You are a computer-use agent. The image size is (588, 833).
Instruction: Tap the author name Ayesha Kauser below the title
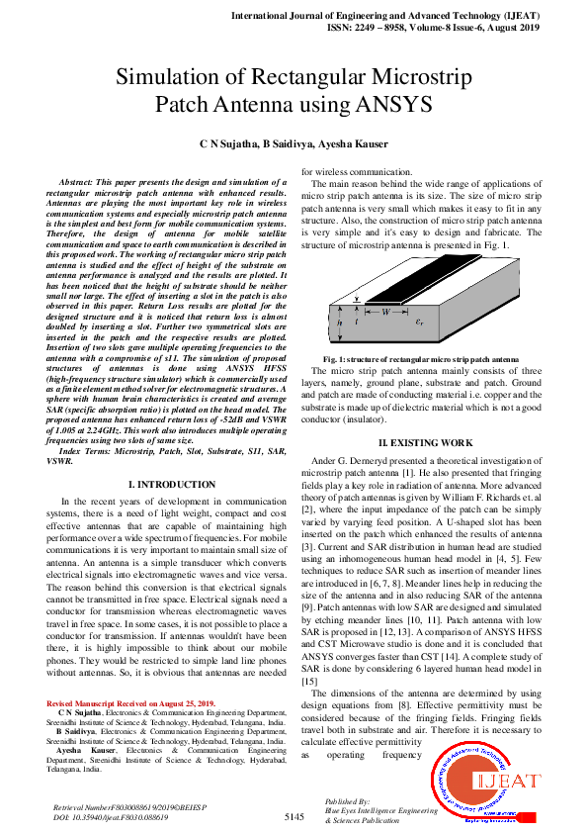point(352,143)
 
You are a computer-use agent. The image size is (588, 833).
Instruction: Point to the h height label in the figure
point(340,321)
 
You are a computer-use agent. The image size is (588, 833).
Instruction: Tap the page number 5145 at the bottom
point(294,817)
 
